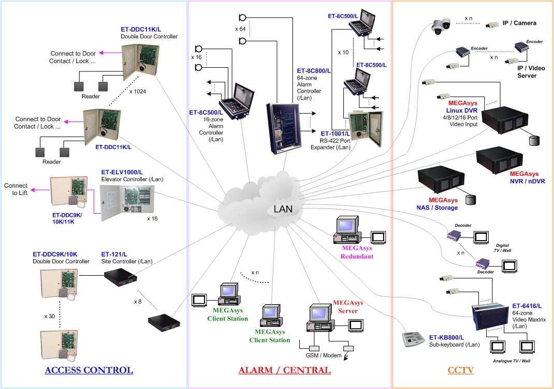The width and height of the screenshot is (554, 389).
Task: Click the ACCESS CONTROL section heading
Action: tap(89, 370)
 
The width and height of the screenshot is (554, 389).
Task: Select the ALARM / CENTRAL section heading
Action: tap(284, 370)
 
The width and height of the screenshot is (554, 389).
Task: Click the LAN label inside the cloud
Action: tap(283, 209)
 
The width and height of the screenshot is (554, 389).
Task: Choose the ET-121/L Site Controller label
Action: tap(114, 255)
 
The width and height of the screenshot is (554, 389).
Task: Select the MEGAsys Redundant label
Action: tap(357, 252)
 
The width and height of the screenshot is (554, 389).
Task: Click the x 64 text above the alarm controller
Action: tap(240, 28)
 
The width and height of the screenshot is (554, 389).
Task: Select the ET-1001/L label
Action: tap(336, 133)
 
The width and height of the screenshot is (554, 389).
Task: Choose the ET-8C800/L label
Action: tap(314, 70)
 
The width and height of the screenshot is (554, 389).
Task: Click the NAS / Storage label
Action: tap(438, 207)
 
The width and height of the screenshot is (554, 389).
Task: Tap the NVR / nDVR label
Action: tap(527, 181)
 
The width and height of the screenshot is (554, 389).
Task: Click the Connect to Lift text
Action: tap(16, 189)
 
